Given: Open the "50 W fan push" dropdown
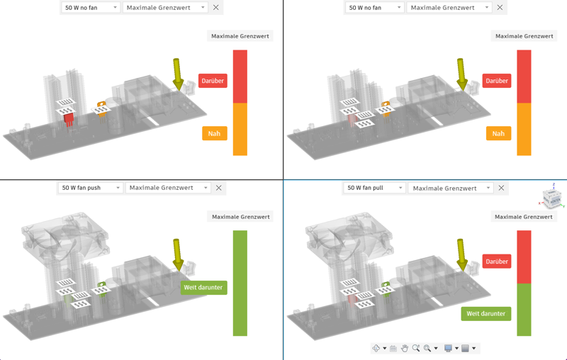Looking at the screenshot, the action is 90,188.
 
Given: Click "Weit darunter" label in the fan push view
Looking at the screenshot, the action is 203,288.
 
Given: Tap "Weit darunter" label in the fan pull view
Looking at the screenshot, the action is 485,314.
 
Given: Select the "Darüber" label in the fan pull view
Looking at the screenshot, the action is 497,261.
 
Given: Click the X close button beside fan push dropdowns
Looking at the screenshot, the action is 219,188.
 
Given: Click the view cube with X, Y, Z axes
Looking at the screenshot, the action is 552,197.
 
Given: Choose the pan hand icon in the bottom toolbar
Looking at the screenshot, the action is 404,348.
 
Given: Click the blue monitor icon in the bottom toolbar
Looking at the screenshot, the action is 448,348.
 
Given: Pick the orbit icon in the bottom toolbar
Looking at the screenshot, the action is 376,348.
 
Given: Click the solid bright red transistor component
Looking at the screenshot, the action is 68,119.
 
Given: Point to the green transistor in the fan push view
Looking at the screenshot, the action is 101,288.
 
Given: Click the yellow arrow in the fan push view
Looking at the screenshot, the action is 177,255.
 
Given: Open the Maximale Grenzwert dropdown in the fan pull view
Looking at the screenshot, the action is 450,188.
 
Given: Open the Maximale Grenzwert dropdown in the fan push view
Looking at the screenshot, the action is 168,188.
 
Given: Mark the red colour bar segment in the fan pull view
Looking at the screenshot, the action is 524,257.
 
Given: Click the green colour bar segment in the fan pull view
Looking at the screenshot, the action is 524,310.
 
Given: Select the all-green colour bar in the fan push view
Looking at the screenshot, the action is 240,283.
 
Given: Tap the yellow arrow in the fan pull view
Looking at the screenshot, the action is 462,255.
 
